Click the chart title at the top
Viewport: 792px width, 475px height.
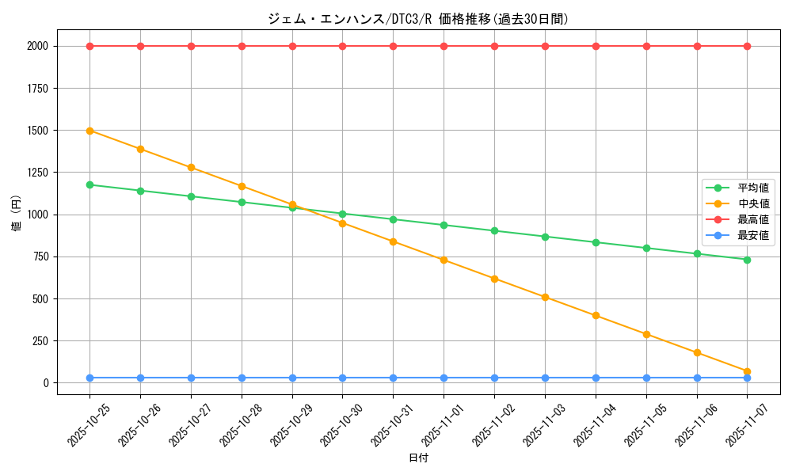pos(418,19)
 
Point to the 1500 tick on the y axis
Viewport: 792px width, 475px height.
pos(37,131)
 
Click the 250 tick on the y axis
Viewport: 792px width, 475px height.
pos(40,341)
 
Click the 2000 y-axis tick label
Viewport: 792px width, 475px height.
pos(37,46)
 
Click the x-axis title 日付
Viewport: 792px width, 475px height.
pos(418,458)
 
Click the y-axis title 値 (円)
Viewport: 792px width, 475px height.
pos(17,214)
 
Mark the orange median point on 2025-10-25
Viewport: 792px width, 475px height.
pos(89,131)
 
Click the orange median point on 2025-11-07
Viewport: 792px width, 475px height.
pos(747,371)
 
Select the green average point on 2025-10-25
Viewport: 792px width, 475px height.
pos(89,184)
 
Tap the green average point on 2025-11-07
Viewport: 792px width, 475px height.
pos(747,260)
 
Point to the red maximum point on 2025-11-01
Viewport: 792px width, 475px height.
pos(444,46)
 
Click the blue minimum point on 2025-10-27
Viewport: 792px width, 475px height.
pos(191,378)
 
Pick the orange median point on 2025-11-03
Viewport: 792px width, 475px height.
pos(545,297)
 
